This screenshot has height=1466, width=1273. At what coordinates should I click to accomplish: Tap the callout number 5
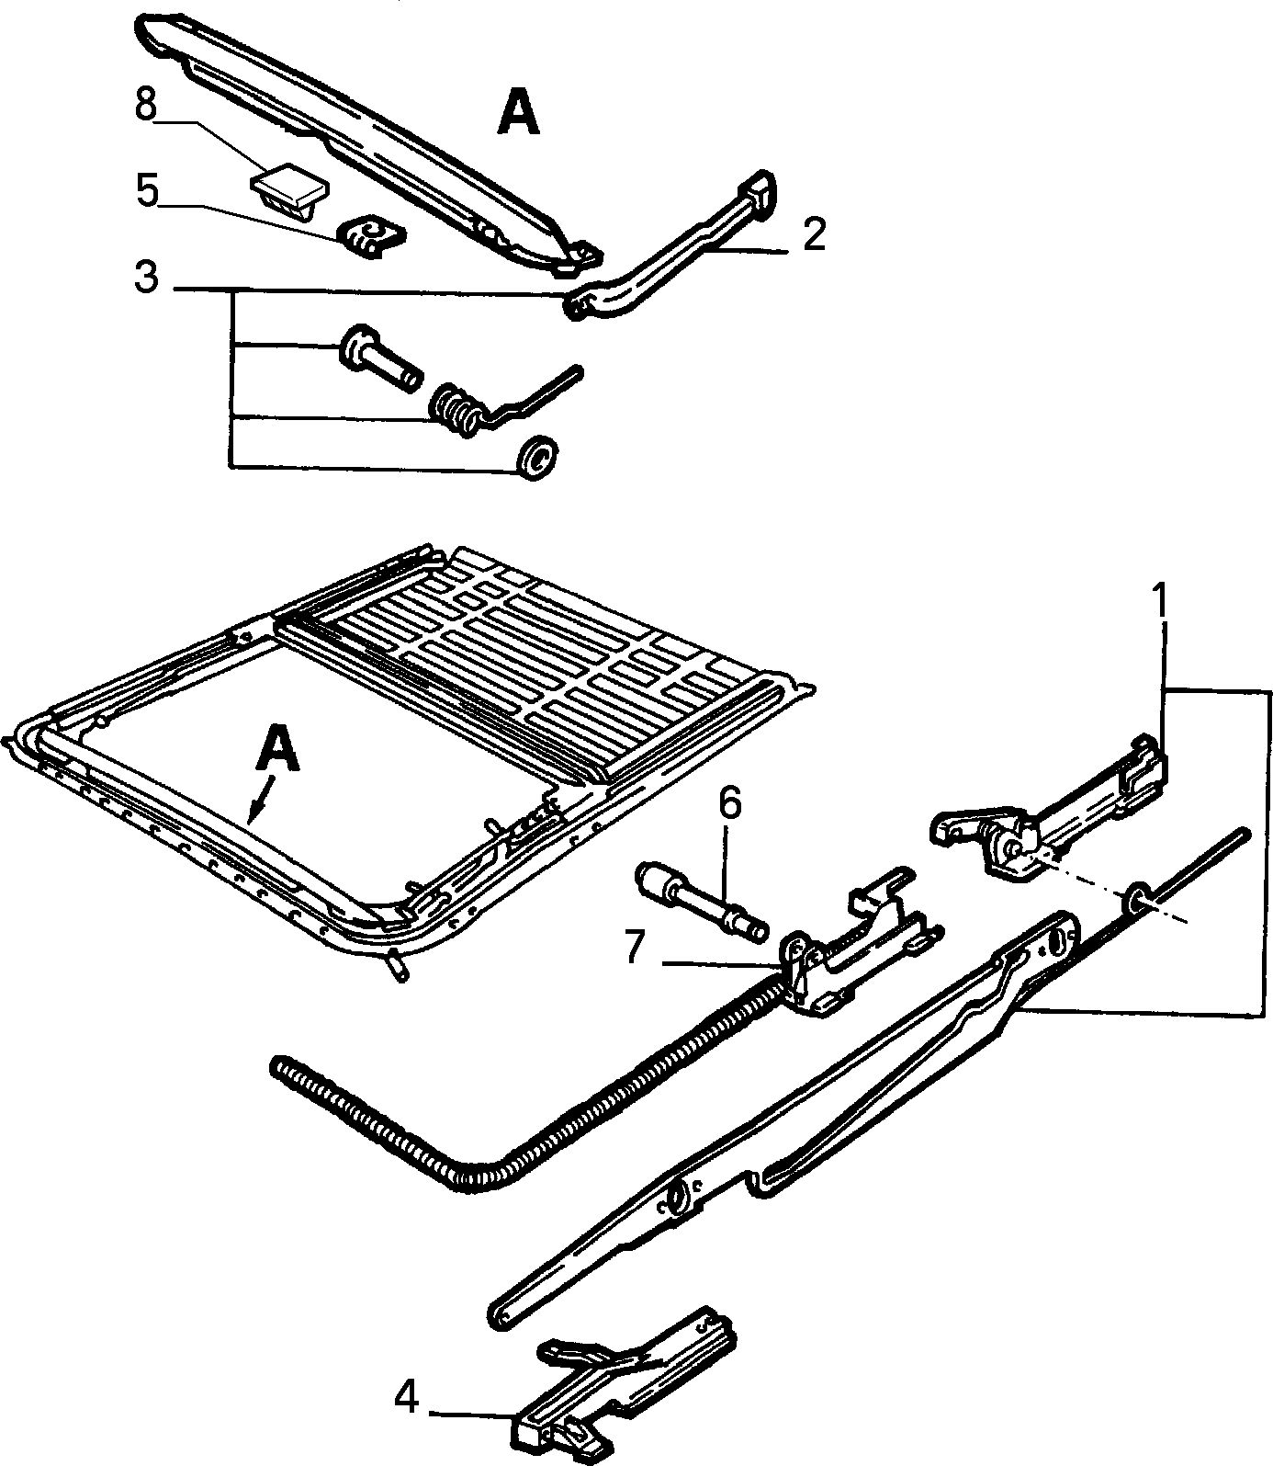[x=147, y=190]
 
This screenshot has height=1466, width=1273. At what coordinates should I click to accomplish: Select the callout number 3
[x=147, y=277]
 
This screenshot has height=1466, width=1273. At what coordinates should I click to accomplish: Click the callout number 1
[x=1162, y=600]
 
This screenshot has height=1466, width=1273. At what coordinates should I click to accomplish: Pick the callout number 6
[x=728, y=803]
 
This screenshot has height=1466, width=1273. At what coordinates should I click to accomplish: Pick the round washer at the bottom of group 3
[x=537, y=458]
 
